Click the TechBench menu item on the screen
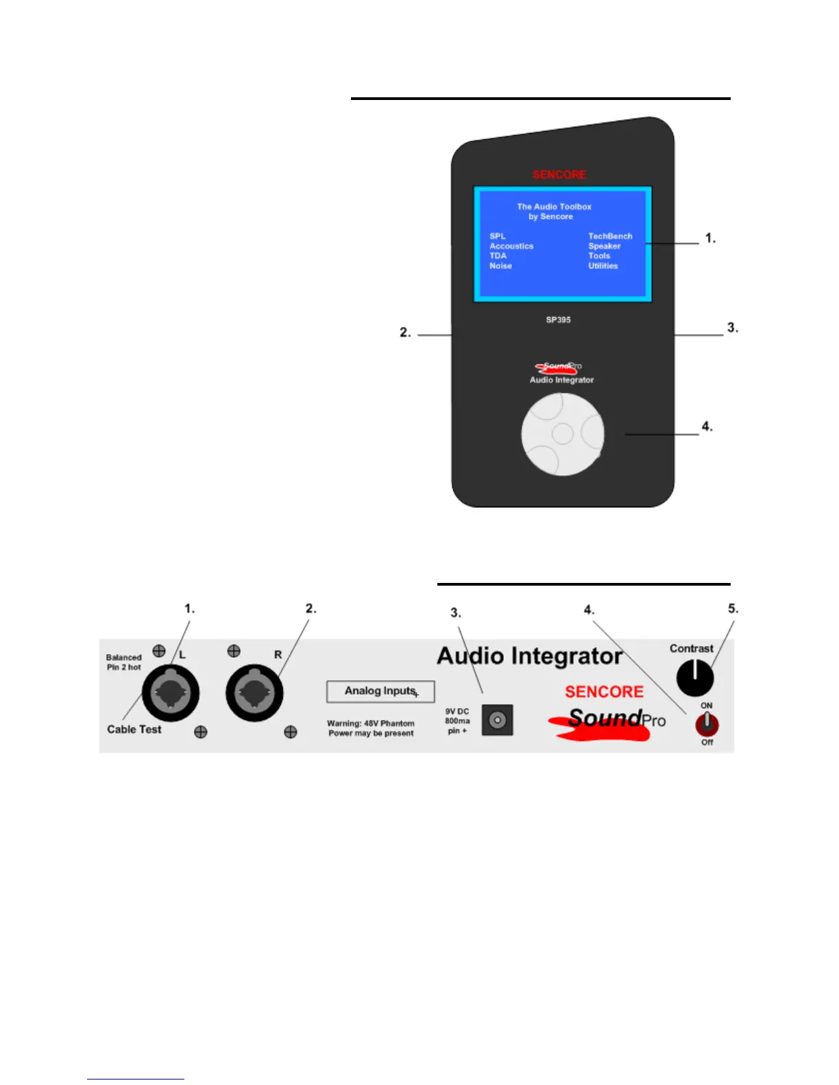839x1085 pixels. coord(610,236)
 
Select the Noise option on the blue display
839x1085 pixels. coord(500,266)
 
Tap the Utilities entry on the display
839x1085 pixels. coord(603,266)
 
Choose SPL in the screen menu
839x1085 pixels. coord(497,236)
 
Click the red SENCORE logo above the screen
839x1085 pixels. coord(559,175)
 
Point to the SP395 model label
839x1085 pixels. coord(558,320)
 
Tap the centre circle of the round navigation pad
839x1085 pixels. coord(562,433)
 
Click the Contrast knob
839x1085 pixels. coord(694,677)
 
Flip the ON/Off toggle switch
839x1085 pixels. coord(707,723)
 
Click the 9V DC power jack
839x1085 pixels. coord(497,720)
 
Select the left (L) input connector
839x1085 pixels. coord(171,693)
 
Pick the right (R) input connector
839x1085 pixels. coord(254,693)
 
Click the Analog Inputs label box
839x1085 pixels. coord(380,691)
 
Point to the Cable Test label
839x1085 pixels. coord(134,729)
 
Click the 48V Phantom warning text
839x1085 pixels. coord(371,728)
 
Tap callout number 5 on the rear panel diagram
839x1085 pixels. coord(733,608)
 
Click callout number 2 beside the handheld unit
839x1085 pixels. coord(405,332)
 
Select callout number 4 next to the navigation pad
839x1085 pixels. coord(707,426)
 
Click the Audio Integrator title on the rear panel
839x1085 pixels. coord(529,656)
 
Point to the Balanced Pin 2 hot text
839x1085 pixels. coord(123,662)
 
